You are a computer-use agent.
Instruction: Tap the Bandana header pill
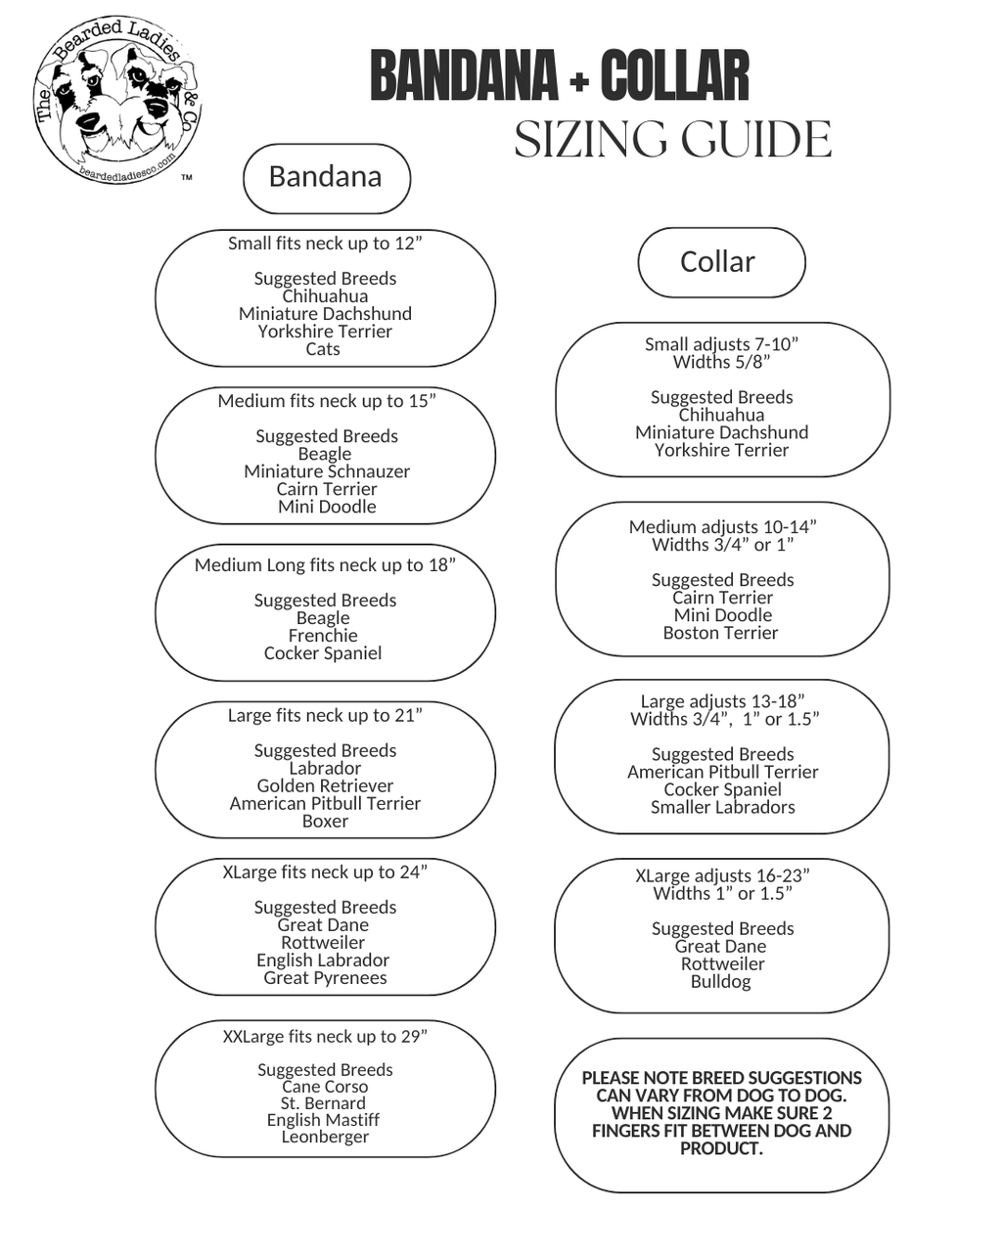pos(326,177)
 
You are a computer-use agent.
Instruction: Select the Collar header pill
pos(720,262)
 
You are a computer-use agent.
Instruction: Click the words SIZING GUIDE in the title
pos(673,140)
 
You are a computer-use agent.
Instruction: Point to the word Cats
pos(323,349)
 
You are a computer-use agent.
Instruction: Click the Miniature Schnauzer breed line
pos(327,471)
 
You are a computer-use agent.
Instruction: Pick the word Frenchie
pos(323,636)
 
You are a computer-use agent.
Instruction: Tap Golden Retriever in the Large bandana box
pos(325,786)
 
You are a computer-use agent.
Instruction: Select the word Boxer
pos(325,822)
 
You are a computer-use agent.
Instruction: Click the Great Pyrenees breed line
pos(325,978)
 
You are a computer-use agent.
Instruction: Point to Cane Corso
pos(325,1087)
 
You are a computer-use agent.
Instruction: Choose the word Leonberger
pos(325,1137)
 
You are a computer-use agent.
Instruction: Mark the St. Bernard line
pos(323,1103)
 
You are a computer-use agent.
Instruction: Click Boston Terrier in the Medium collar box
pos(721,633)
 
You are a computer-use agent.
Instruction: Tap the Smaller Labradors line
pos(723,807)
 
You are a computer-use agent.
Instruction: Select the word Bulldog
pos(721,981)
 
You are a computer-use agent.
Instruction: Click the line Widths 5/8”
pos(721,362)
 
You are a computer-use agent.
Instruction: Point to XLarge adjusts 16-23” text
pos(722,875)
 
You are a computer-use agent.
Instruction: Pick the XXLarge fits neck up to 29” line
pos(325,1036)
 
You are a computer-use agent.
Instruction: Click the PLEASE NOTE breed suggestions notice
pos(722,1113)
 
